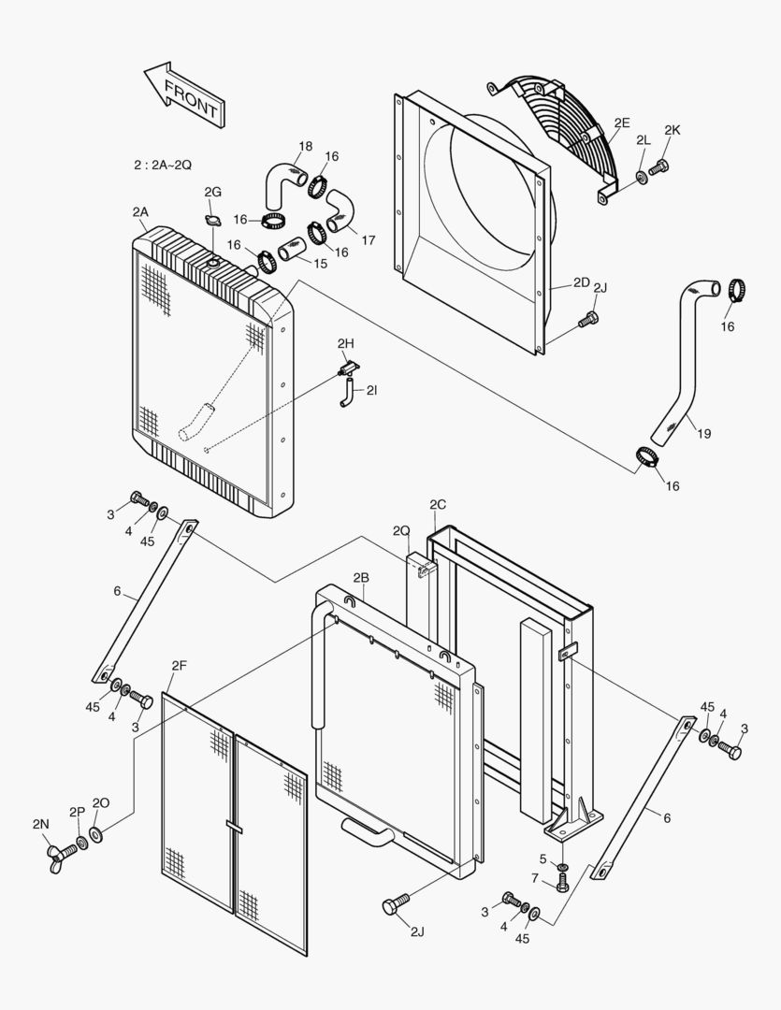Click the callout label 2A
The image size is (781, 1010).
pos(140,212)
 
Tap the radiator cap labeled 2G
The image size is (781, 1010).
pos(212,221)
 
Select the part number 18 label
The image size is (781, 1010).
pos(306,146)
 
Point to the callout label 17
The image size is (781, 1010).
pos(369,240)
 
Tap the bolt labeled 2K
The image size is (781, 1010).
pos(658,168)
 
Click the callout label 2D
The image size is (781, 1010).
pos(582,282)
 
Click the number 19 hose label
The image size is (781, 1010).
pos(703,433)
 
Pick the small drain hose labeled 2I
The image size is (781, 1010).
pos(346,392)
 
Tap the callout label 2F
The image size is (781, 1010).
pos(179,665)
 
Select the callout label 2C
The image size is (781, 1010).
pos(438,505)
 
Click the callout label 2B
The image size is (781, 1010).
pos(362,577)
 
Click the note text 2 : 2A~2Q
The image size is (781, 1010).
pos(163,165)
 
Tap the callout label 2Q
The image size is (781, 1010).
pos(401,531)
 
